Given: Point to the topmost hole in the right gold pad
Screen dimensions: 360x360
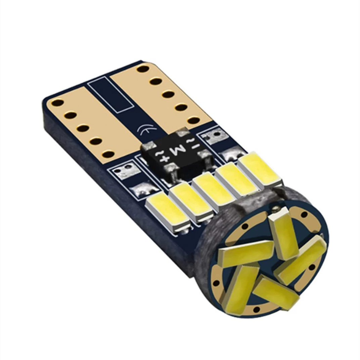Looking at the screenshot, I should (143, 69).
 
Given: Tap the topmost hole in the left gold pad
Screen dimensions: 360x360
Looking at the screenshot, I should (58, 103).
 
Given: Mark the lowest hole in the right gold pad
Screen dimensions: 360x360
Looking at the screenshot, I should (194, 120).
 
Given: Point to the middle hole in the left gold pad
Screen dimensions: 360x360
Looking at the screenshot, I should (83, 128).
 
